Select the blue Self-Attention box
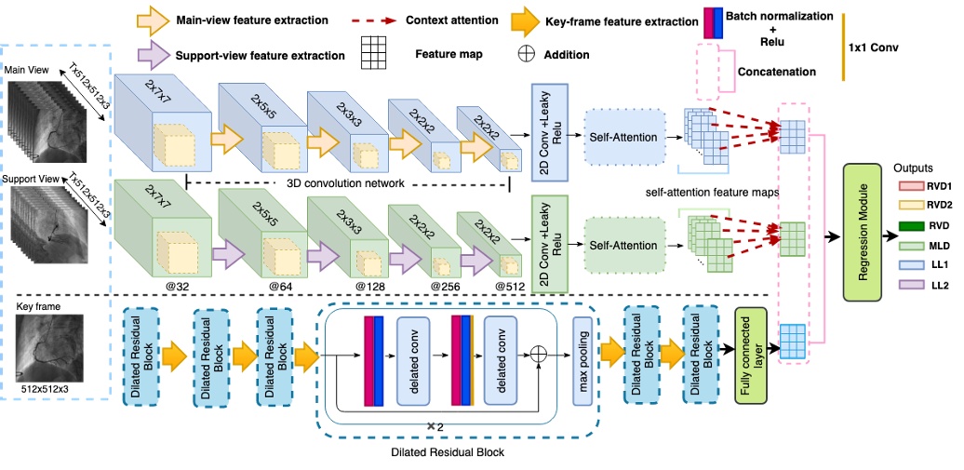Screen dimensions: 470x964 click(x=623, y=137)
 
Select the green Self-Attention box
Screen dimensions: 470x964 click(x=623, y=246)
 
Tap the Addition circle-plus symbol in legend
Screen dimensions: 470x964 click(x=526, y=54)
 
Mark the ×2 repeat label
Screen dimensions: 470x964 click(x=433, y=425)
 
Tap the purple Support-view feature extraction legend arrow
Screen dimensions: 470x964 click(x=154, y=55)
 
